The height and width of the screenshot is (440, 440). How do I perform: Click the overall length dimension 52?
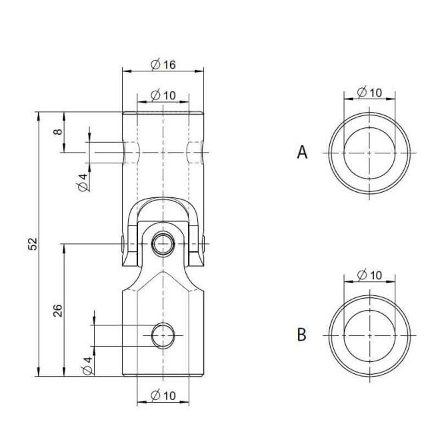pyautogui.click(x=33, y=244)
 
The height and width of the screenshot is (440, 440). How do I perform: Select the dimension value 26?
pyautogui.click(x=58, y=309)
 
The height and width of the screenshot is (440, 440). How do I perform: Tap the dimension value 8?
pyautogui.click(x=59, y=132)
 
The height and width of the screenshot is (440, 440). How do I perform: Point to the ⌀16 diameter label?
pyautogui.click(x=162, y=64)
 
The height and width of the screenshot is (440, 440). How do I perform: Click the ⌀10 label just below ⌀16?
pyautogui.click(x=162, y=95)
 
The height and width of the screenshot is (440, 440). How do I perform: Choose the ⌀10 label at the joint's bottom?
pyautogui.click(x=162, y=395)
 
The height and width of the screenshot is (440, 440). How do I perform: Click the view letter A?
pyautogui.click(x=302, y=153)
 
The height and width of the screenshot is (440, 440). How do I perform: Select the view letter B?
pyautogui.click(x=301, y=334)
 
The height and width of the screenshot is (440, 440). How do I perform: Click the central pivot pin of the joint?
pyautogui.click(x=162, y=244)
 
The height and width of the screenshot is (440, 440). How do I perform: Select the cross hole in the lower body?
pyautogui.click(x=162, y=335)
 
